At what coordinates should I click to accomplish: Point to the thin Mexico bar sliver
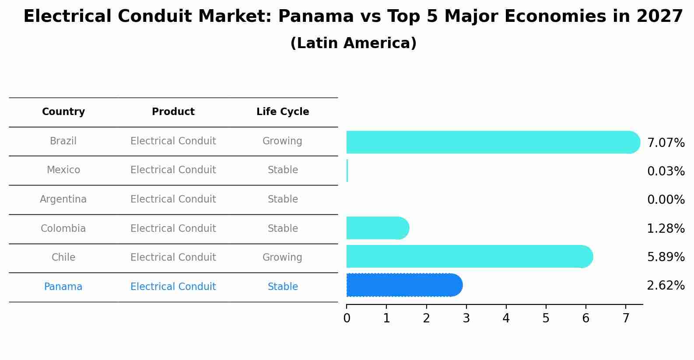pyautogui.click(x=347, y=171)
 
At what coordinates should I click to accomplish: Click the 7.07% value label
pyautogui.click(x=666, y=143)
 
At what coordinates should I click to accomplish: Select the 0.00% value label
pyautogui.click(x=666, y=200)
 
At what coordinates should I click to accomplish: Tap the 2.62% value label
pyautogui.click(x=666, y=286)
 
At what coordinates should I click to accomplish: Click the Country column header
pyautogui.click(x=63, y=112)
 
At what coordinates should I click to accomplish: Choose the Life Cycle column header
pyautogui.click(x=283, y=112)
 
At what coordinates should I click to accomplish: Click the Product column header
pyautogui.click(x=173, y=112)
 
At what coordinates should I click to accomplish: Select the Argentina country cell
pyautogui.click(x=63, y=199)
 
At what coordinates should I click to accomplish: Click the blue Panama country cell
pyautogui.click(x=63, y=287)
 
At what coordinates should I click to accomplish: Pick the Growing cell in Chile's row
pyautogui.click(x=282, y=258)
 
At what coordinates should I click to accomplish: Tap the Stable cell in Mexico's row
pyautogui.click(x=283, y=170)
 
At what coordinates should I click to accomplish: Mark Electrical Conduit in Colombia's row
pyautogui.click(x=173, y=229)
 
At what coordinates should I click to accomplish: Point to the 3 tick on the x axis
pyautogui.click(x=466, y=318)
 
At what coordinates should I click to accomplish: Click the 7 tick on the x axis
pyautogui.click(x=626, y=318)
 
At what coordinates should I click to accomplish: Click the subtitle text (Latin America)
pyautogui.click(x=353, y=43)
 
